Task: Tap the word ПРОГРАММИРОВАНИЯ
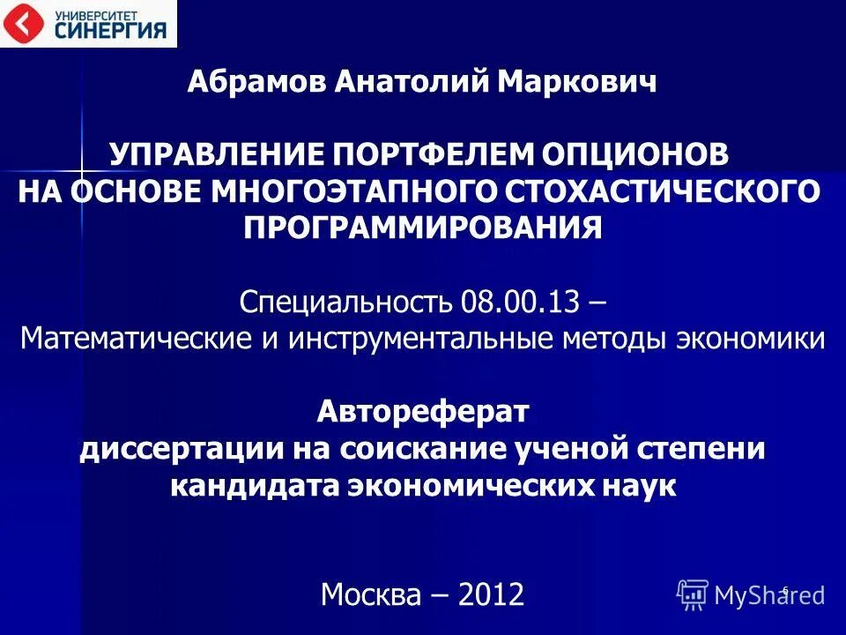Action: pos(423,228)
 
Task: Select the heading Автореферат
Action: pos(423,411)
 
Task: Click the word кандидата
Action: pos(249,485)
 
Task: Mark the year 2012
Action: pos(490,594)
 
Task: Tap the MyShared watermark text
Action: pos(768,595)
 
